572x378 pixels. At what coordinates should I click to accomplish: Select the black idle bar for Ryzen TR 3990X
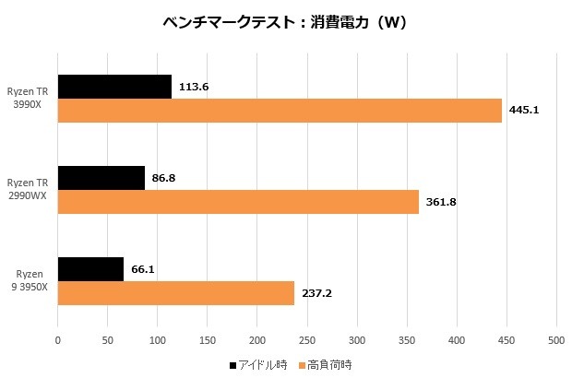coord(114,87)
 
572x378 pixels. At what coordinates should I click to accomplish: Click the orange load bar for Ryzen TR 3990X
coord(280,111)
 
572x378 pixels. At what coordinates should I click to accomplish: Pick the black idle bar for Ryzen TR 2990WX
coord(101,178)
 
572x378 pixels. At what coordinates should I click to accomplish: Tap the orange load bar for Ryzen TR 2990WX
coord(238,202)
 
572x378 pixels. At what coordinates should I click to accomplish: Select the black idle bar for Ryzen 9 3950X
coord(90,269)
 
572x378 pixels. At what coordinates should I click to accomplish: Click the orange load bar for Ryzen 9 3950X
coord(175,293)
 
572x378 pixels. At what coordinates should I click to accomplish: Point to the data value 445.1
coord(523,111)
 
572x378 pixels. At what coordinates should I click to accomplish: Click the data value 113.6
coord(194,87)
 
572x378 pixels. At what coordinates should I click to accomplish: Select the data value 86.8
coord(164,178)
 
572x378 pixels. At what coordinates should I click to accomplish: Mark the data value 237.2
coord(316,293)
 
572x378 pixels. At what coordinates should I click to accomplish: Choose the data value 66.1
coord(143,269)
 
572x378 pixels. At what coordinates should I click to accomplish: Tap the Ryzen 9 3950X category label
coord(30,280)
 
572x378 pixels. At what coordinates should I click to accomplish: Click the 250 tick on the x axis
coord(306,341)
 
